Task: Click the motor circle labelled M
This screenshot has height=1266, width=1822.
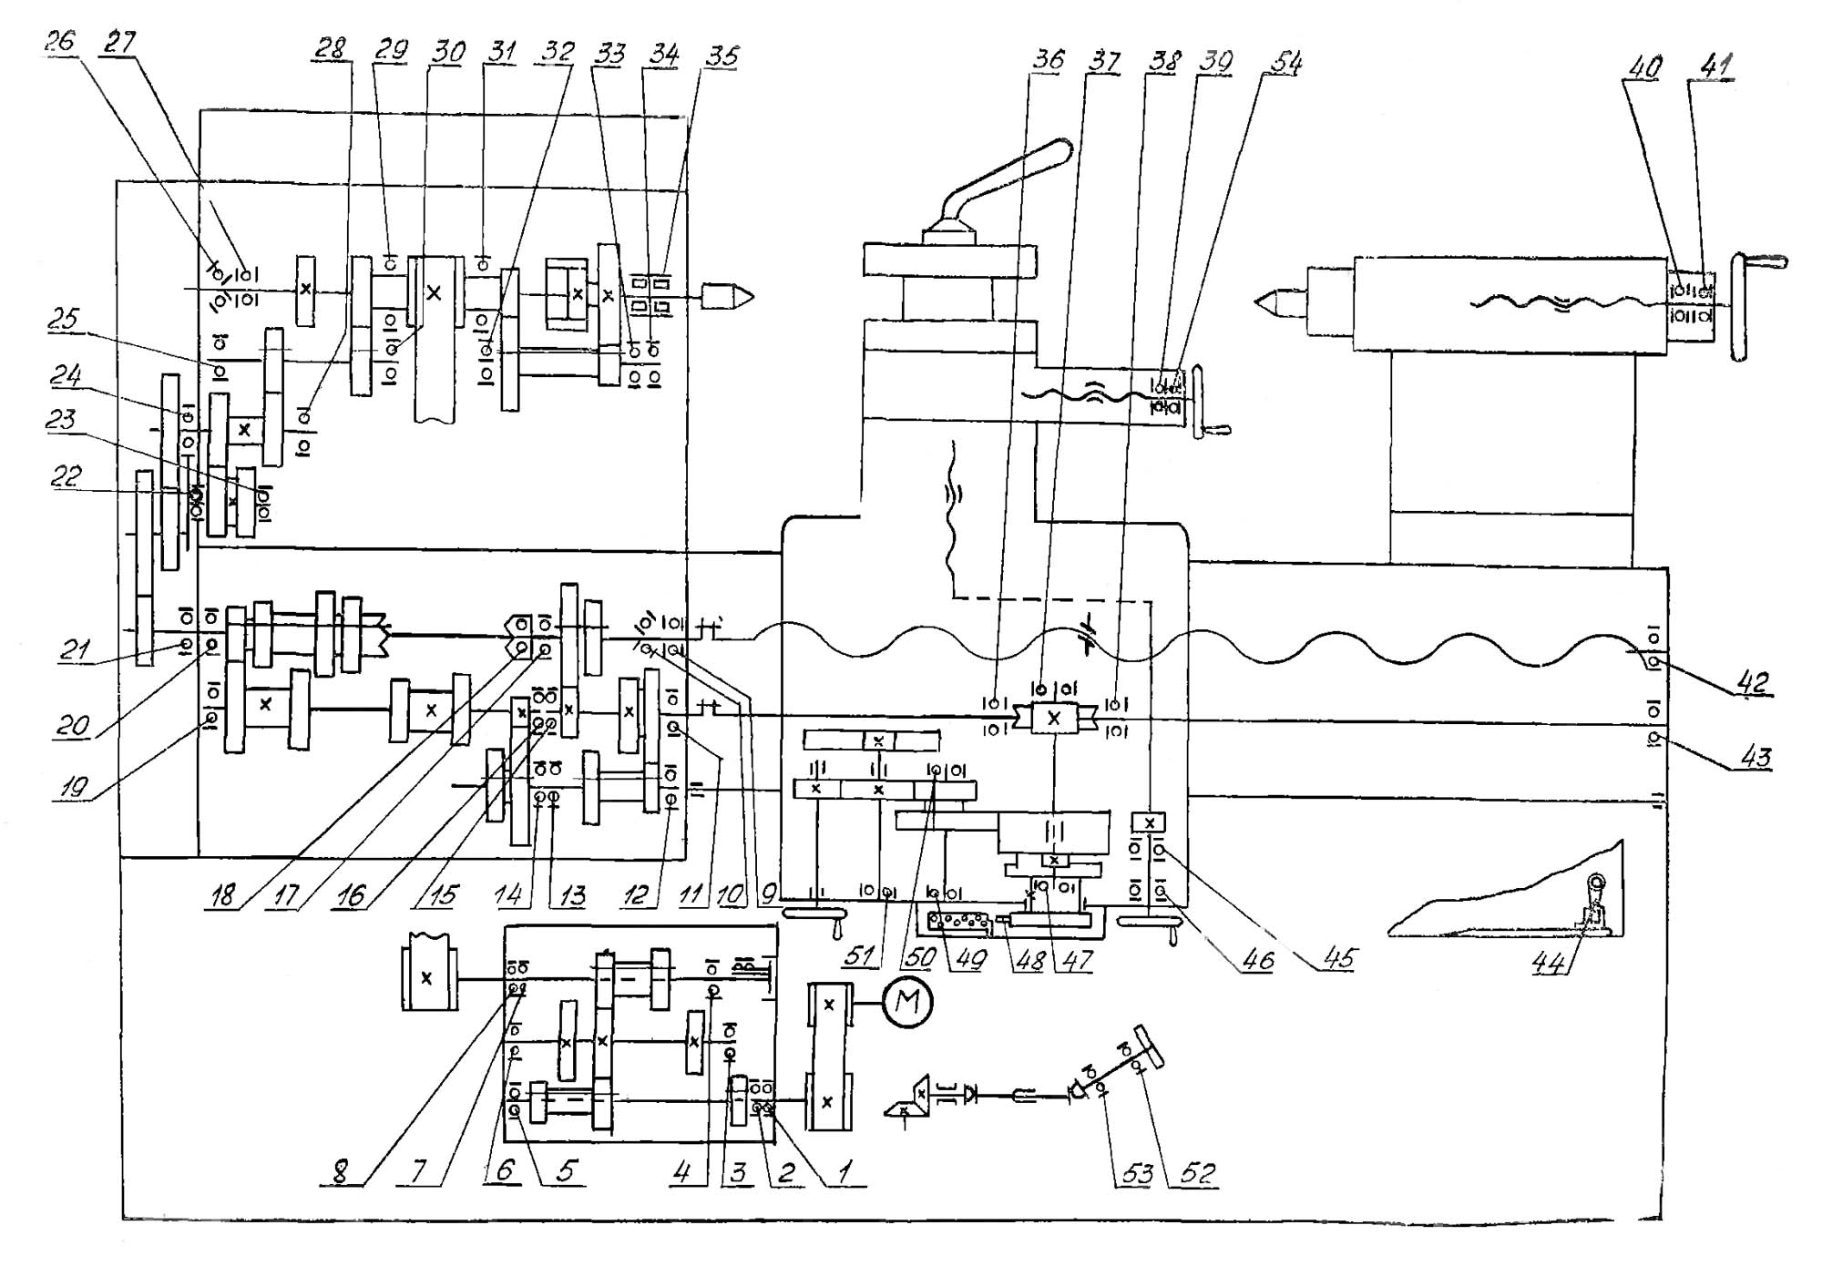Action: [907, 1003]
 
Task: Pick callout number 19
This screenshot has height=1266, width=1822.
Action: [73, 787]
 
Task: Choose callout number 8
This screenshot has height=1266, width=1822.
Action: [340, 1170]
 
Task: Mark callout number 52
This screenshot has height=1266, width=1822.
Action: [1199, 1172]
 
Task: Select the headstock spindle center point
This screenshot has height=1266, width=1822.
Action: [729, 296]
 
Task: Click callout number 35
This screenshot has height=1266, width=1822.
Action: [722, 56]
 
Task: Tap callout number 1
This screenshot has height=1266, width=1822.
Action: [844, 1170]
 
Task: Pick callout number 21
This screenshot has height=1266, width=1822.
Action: [75, 649]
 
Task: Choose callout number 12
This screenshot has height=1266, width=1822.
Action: [635, 896]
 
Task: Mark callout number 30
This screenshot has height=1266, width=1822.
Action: [447, 51]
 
